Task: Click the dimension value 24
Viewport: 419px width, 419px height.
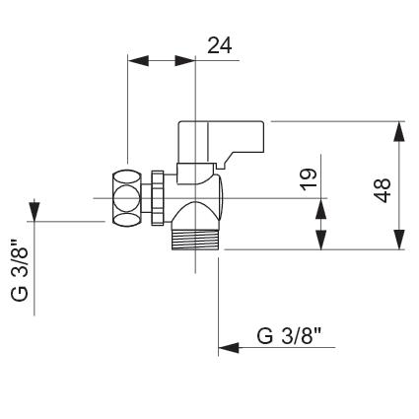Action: (x=220, y=45)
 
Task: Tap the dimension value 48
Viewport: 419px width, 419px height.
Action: (x=383, y=190)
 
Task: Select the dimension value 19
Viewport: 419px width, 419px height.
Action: (x=309, y=179)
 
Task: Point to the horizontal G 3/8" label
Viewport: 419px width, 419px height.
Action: (x=289, y=336)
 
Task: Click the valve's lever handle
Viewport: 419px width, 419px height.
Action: (x=221, y=142)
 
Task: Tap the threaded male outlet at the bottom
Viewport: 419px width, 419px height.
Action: (x=195, y=240)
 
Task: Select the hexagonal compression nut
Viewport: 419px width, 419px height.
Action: (x=126, y=197)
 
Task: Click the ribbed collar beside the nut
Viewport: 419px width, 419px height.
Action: (x=158, y=198)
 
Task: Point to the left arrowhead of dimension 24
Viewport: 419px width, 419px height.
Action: (x=138, y=60)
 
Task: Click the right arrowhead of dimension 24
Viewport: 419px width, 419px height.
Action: (x=184, y=60)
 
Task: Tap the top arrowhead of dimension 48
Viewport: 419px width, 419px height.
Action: (x=399, y=132)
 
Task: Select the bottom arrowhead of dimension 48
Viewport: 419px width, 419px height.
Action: (x=399, y=240)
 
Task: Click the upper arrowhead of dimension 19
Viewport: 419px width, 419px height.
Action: (x=321, y=209)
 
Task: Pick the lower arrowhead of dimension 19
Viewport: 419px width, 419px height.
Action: (x=321, y=240)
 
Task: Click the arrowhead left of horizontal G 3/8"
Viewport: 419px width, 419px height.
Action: (x=229, y=347)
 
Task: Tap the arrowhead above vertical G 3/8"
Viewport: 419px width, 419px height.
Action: (x=35, y=211)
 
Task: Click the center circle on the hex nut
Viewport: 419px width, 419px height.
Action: (x=126, y=198)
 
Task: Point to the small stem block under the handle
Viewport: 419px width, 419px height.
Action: (x=186, y=174)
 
